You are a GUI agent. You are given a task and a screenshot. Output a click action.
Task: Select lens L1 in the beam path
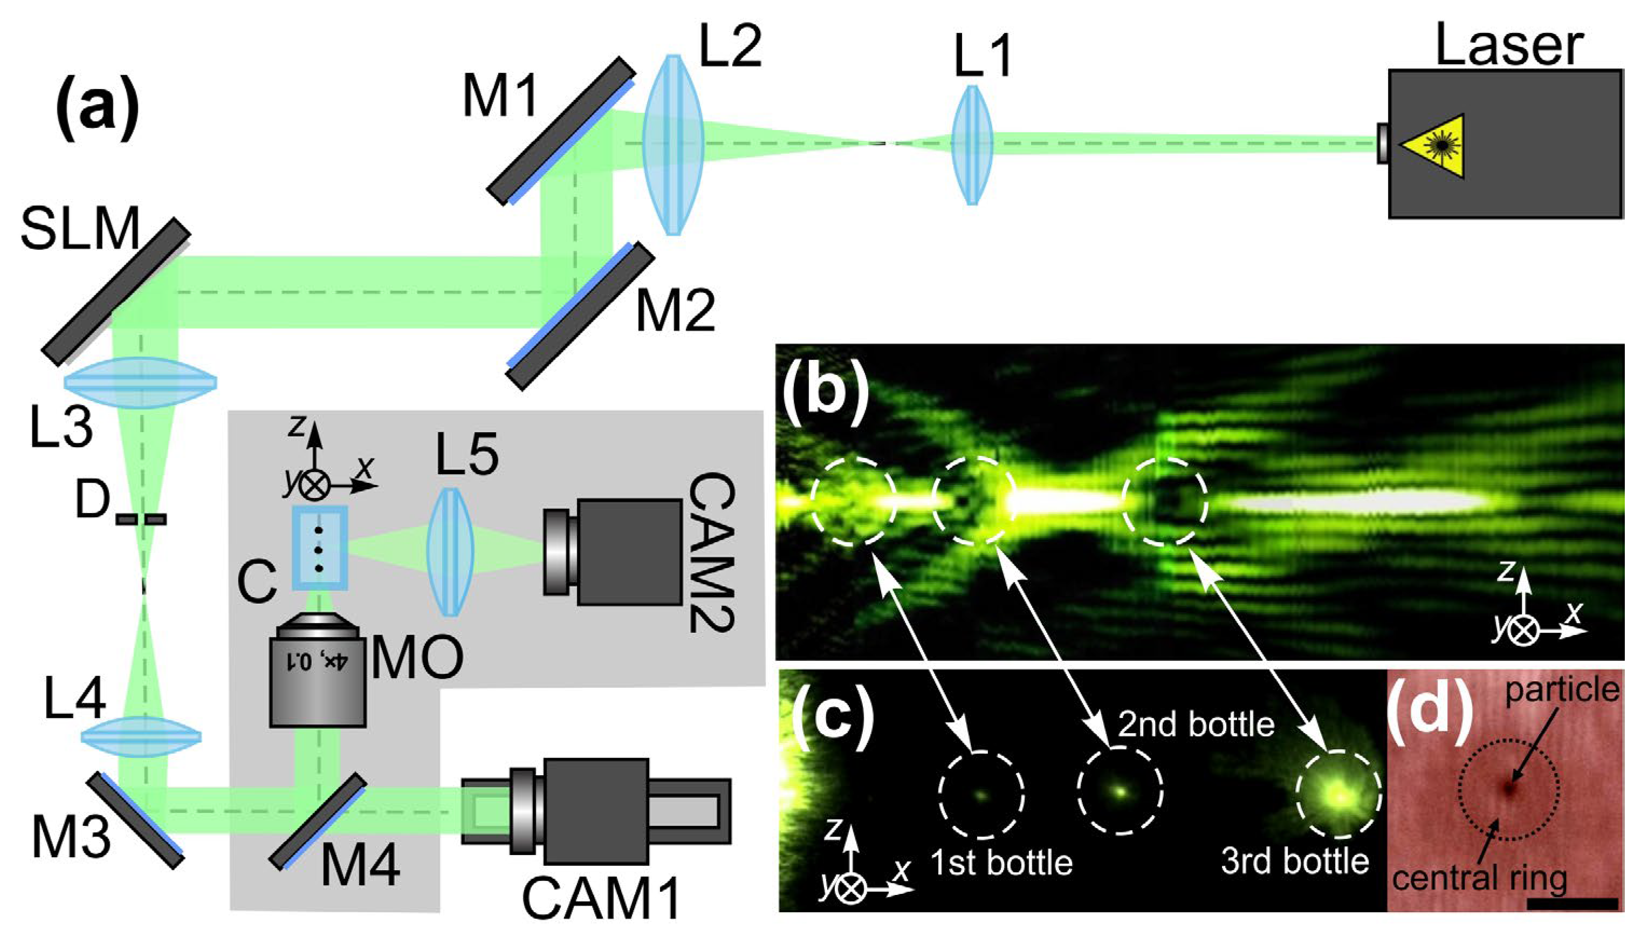[x=972, y=145]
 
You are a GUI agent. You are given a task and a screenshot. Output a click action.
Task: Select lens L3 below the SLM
[x=140, y=383]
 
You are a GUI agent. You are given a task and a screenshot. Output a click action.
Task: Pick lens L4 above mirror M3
[x=141, y=738]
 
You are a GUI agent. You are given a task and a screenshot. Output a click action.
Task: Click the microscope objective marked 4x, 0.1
[x=318, y=672]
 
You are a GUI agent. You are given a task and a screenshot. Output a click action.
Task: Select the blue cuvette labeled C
[x=320, y=547]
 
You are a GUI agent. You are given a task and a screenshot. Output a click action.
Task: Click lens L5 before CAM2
[x=450, y=552]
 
